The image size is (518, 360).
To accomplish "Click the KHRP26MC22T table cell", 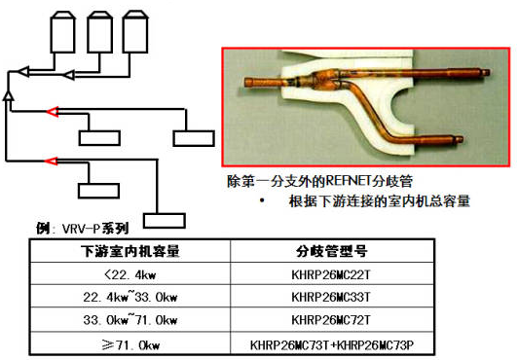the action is [332, 273].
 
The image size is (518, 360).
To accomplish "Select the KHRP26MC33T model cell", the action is [332, 297].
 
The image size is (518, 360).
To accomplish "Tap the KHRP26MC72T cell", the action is [332, 319].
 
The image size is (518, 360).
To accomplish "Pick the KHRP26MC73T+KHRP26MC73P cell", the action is [332, 344].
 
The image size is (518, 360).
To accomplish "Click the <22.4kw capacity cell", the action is [130, 273].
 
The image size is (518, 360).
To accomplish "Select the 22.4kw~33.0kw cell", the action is [130, 297].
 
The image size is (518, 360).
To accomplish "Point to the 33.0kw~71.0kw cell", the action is [130, 319].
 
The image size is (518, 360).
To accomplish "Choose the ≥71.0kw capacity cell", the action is [130, 344].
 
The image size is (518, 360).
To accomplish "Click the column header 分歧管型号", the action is [332, 251].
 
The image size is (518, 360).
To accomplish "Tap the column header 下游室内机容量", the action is [130, 251].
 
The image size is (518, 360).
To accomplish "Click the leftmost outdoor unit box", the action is [62, 32].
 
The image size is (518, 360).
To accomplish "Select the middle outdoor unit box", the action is [99, 32].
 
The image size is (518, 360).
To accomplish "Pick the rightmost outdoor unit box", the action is [135, 32].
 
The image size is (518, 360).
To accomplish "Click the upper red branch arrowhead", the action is [53, 112].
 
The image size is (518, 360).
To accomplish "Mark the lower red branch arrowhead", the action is [51, 161].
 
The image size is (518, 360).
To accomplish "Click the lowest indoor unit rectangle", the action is [165, 221].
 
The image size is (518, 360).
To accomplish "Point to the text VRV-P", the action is [80, 229].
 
